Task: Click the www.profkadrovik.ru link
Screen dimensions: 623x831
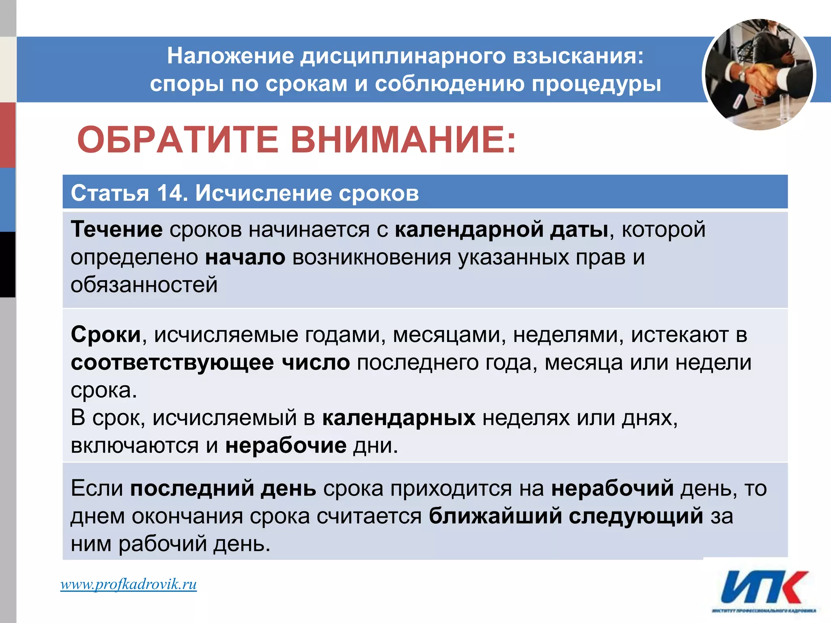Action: [x=128, y=584]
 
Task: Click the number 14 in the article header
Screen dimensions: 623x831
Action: [x=170, y=193]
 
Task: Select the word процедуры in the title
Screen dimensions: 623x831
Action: [x=596, y=84]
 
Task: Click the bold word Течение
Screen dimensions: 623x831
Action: [x=116, y=229]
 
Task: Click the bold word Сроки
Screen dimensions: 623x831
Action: [x=105, y=335]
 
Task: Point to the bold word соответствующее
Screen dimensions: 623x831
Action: [x=172, y=362]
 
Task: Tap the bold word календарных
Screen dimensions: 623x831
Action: [x=398, y=417]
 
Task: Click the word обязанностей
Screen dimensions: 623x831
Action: [x=144, y=284]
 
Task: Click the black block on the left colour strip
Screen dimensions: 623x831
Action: [x=8, y=264]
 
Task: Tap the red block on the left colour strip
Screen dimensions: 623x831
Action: [x=8, y=135]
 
